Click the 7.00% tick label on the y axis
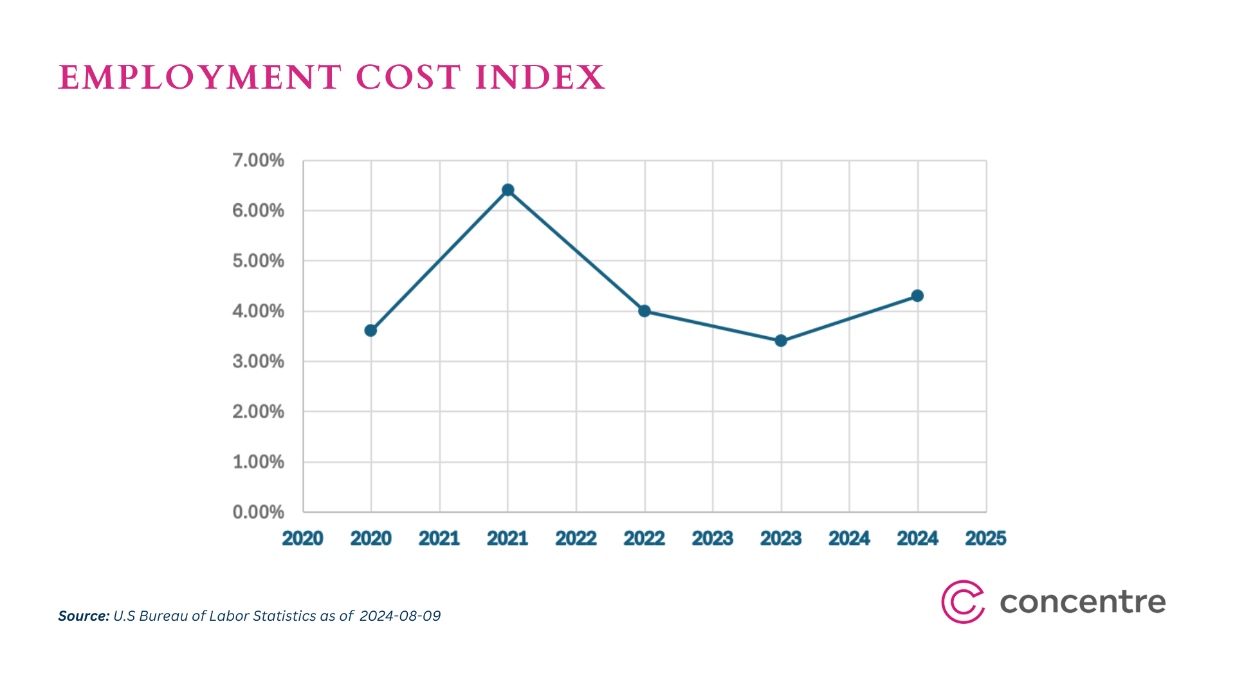click(258, 161)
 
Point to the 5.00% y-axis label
click(258, 261)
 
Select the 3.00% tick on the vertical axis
click(258, 361)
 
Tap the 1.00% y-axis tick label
click(258, 462)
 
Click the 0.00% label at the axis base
click(258, 512)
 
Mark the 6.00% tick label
click(258, 211)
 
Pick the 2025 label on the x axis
click(985, 538)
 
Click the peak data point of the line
click(508, 190)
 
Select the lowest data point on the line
click(781, 341)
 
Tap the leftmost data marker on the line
click(370, 330)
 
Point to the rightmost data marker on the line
click(917, 296)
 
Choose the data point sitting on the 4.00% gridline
click(645, 311)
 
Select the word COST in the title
click(408, 78)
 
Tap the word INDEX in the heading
click(540, 78)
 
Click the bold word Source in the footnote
click(83, 616)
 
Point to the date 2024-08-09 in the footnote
click(400, 616)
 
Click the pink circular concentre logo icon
click(962, 602)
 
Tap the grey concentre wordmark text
click(1083, 603)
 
